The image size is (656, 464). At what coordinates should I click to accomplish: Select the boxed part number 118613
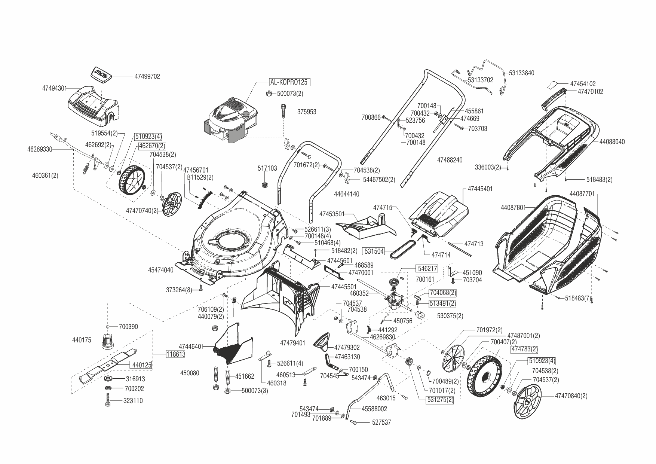pyautogui.click(x=175, y=354)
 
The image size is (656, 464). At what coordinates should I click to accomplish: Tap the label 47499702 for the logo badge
pyautogui.click(x=147, y=76)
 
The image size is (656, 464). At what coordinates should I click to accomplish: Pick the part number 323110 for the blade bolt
pyautogui.click(x=133, y=401)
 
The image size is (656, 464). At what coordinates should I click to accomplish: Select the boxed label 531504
pyautogui.click(x=374, y=251)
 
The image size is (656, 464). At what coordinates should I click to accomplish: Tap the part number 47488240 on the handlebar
pyautogui.click(x=450, y=160)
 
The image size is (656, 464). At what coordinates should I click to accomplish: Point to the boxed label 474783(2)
pyautogui.click(x=524, y=349)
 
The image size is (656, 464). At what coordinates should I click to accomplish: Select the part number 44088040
pyautogui.click(x=612, y=142)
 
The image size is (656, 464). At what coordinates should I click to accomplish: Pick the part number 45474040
pyautogui.click(x=161, y=270)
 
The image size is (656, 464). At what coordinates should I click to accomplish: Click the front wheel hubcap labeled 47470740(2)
pyautogui.click(x=172, y=204)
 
